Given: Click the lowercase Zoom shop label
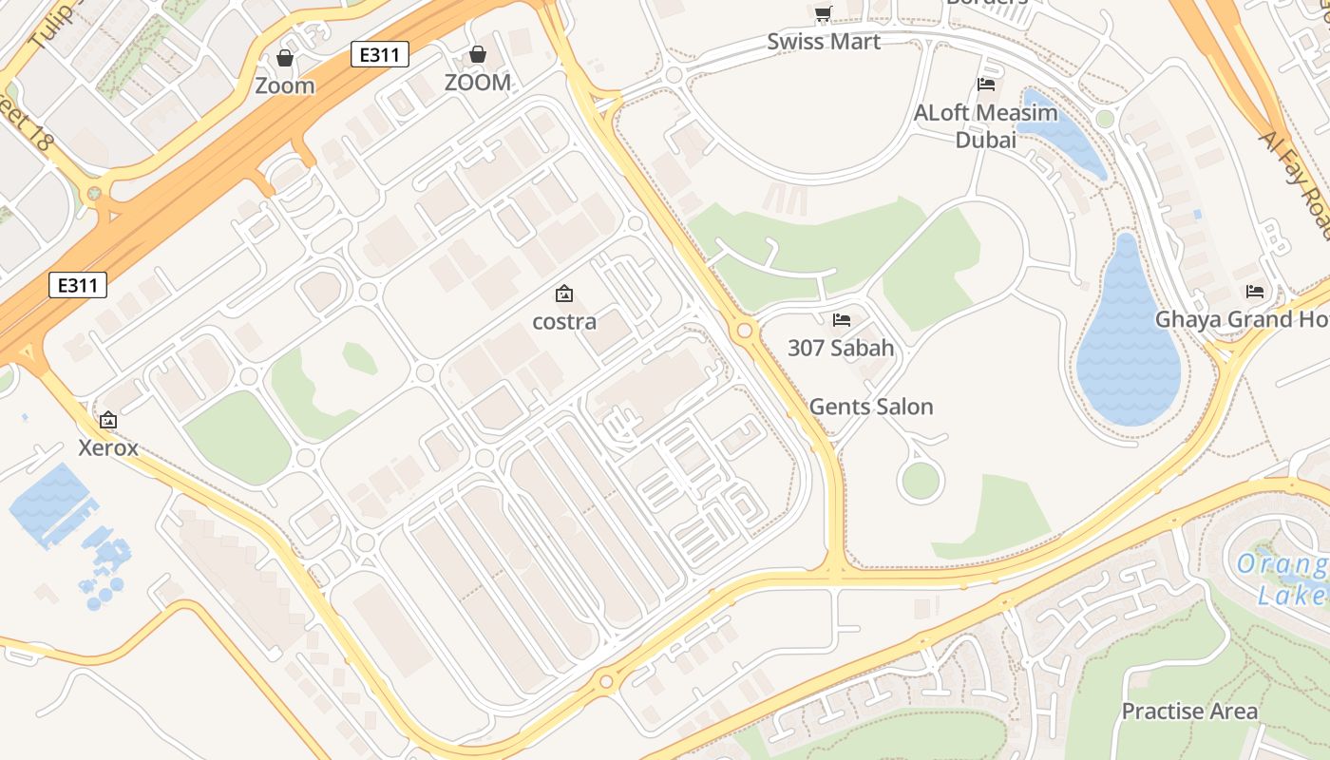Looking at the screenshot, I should point(284,85).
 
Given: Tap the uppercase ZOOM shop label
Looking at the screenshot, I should point(477,83).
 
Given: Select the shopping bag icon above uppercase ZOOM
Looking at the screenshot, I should point(478,54).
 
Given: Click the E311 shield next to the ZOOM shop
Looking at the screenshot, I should point(380,54).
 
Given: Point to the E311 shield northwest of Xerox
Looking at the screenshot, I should point(78,285).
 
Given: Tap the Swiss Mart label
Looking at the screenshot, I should point(824,42).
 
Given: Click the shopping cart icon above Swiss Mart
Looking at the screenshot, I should point(823,13).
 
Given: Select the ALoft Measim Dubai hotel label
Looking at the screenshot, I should point(985,126).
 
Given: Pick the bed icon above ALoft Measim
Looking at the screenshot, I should point(986,85).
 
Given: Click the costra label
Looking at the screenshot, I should point(564,321).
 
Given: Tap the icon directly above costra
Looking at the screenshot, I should point(564,294).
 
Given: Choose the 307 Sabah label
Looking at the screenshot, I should point(841,348).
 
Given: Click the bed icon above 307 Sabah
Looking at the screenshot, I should point(842,319).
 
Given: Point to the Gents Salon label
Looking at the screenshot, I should point(871,407).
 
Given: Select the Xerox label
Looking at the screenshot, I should point(108,447).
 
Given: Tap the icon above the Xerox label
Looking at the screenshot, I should point(108,419).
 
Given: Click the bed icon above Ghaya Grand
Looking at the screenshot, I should point(1255,291).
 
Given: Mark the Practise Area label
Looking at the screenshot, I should point(1189,711).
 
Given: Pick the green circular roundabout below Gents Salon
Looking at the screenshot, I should point(921,481).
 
